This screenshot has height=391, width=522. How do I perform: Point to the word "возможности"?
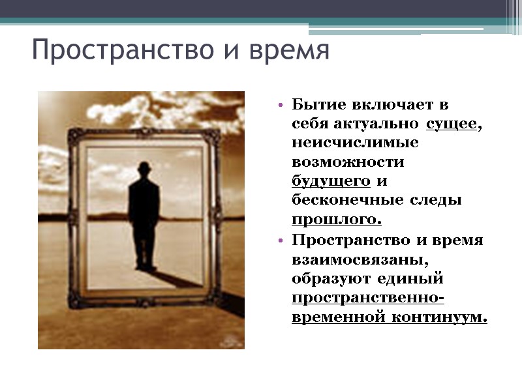pyautogui.click(x=348, y=161)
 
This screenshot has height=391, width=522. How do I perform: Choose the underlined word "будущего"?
pyautogui.click(x=331, y=181)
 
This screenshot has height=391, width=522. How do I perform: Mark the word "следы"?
pyautogui.click(x=440, y=199)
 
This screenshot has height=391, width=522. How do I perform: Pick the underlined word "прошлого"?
pyautogui.click(x=335, y=219)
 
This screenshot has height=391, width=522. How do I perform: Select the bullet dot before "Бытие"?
pyautogui.click(x=280, y=105)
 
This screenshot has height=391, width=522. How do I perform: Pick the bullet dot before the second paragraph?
pyautogui.click(x=280, y=240)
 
